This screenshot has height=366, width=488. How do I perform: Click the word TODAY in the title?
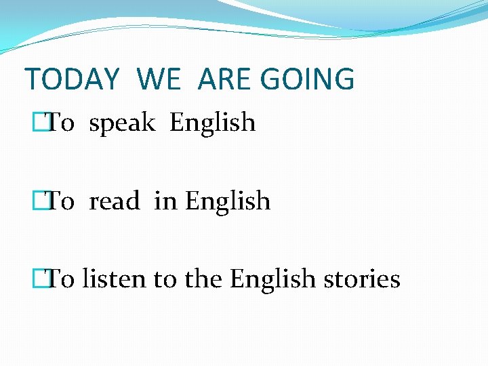[72, 79]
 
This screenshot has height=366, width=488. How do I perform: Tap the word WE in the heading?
[159, 79]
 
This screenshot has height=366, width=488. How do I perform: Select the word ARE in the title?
[224, 79]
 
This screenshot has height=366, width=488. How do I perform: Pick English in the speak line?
[213, 123]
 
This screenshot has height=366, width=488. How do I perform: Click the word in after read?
[165, 201]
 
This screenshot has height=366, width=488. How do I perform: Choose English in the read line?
[228, 201]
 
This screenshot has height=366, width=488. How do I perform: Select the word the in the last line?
[204, 279]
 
